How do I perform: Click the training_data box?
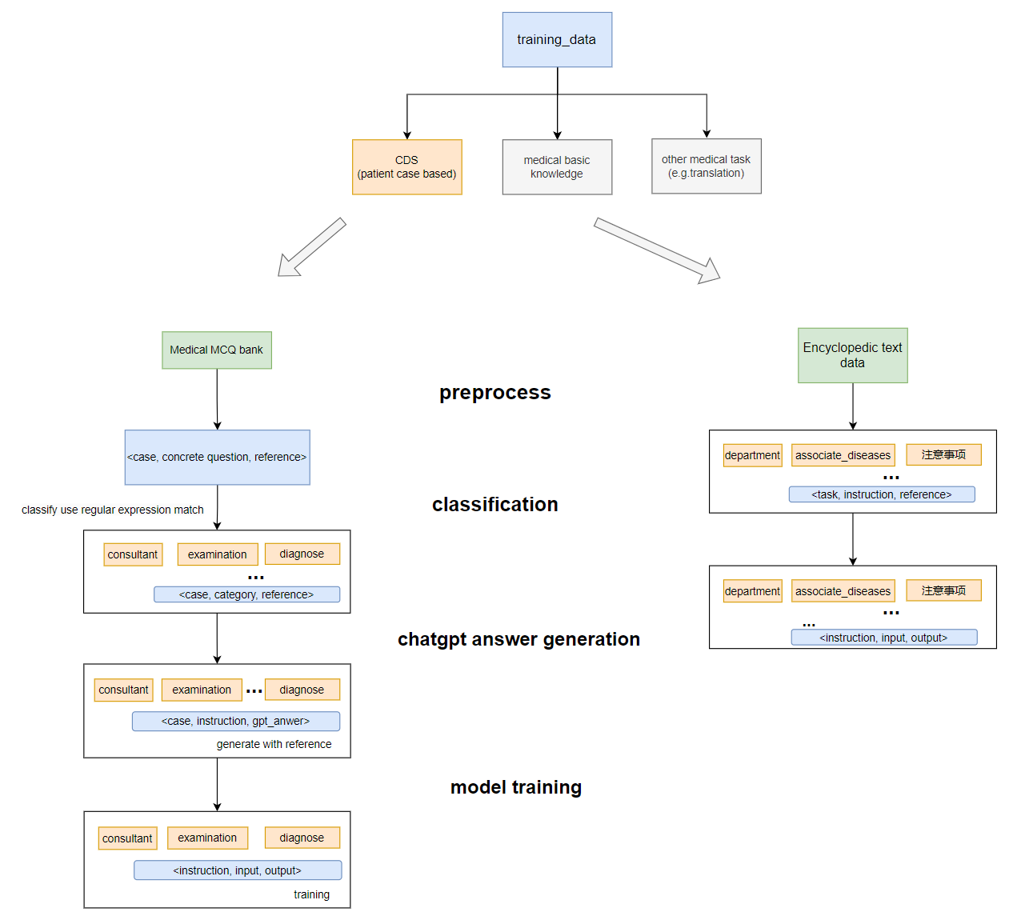[557, 39]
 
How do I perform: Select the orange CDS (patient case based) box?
[406, 166]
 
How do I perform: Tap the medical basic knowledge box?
[557, 166]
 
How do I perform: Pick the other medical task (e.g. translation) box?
[706, 166]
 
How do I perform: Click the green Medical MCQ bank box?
[216, 350]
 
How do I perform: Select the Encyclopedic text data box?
[852, 354]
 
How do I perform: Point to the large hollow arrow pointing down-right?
[656, 250]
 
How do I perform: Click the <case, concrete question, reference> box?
[217, 457]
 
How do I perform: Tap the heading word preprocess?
[494, 393]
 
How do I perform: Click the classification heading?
[494, 505]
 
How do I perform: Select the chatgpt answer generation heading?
[519, 639]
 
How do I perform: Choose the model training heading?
[515, 787]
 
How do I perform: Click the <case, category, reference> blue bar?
[246, 594]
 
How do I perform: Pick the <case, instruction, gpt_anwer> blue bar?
[235, 721]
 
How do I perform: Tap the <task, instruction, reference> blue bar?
[881, 494]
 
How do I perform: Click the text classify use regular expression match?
[113, 510]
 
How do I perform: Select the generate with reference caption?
[274, 744]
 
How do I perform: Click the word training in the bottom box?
[311, 894]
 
